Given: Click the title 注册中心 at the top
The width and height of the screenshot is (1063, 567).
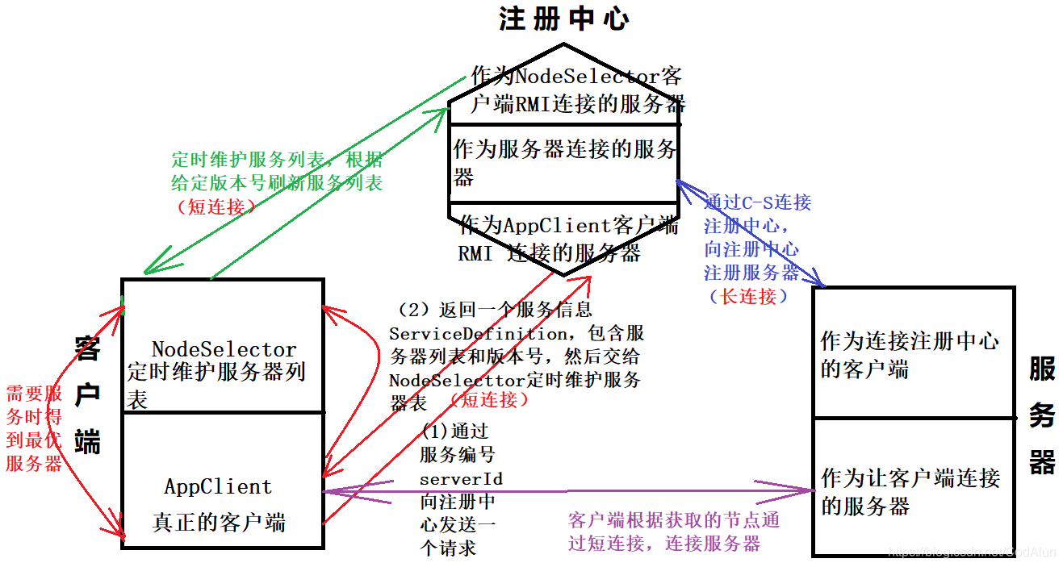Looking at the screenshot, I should [x=563, y=19].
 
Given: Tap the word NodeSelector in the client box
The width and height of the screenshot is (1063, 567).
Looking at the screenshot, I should [x=224, y=349].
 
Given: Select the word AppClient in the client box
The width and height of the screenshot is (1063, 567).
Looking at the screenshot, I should [x=218, y=486].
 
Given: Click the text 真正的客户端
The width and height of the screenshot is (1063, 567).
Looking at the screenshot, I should [x=219, y=522].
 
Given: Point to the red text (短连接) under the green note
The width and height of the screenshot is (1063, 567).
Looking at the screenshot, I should [x=216, y=206].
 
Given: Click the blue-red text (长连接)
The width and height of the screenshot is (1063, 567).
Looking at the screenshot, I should [x=748, y=296].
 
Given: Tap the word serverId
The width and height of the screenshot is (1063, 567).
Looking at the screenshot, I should [x=461, y=479].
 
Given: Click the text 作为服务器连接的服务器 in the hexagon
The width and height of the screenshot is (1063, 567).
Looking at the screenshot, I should [x=564, y=162].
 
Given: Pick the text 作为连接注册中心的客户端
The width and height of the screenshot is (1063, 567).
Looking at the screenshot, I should [x=910, y=355].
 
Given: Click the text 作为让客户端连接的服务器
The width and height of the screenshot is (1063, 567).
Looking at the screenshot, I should [x=910, y=491].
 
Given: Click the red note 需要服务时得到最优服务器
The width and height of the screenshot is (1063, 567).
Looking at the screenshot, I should [x=34, y=428].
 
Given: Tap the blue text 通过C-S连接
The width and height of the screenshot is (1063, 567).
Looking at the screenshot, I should [x=758, y=202].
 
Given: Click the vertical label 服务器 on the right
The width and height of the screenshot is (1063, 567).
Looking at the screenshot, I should [x=1042, y=415].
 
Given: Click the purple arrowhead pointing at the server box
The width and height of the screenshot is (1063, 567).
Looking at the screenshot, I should [x=807, y=490].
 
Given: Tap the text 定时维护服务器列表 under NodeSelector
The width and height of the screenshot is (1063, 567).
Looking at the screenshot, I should [x=216, y=385].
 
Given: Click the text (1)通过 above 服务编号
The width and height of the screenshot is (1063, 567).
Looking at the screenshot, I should [x=455, y=432].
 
